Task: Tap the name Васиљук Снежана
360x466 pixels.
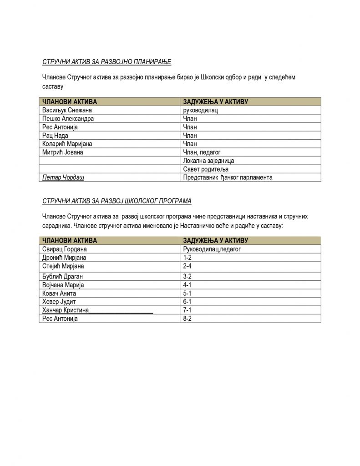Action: tap(70, 110)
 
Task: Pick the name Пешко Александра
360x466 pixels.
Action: tap(68, 118)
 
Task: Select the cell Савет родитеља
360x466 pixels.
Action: tap(205, 169)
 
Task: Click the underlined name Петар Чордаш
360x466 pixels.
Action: tap(63, 177)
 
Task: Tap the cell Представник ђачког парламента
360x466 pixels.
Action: tap(227, 177)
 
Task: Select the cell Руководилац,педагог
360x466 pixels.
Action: tap(211, 249)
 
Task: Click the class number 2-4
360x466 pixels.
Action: tap(187, 266)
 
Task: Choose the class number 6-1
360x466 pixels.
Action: tap(187, 302)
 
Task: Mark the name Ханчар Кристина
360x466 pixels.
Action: tap(66, 310)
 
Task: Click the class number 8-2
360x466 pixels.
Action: tap(187, 319)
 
